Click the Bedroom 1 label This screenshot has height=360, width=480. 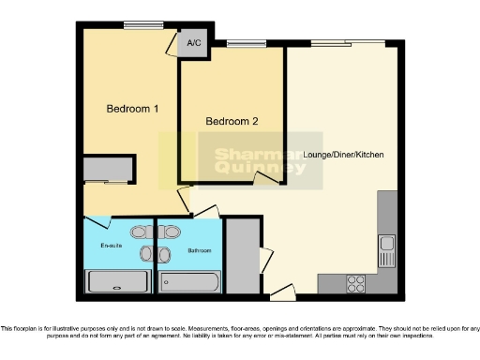tap(131, 110)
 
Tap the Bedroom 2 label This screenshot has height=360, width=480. tap(232, 121)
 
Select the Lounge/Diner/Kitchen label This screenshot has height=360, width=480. tap(344, 154)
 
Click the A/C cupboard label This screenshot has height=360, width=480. tap(195, 43)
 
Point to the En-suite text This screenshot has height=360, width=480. tap(112, 246)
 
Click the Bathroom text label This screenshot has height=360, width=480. tap(200, 250)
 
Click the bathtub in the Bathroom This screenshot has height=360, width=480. tap(190, 281)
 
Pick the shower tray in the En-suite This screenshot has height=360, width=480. tap(117, 281)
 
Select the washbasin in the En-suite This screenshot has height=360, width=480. tap(144, 254)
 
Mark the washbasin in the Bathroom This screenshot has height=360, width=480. tap(165, 254)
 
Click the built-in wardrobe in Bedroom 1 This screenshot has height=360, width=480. tap(106, 170)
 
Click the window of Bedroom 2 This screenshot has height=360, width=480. tap(246, 42)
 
